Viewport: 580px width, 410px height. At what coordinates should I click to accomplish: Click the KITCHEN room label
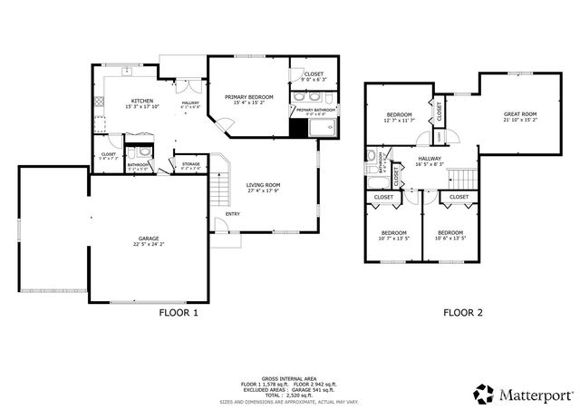pyautogui.click(x=141, y=101)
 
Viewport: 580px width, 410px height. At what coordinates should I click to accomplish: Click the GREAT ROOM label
pyautogui.click(x=520, y=114)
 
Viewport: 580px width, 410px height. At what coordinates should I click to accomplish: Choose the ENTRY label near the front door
pyautogui.click(x=233, y=214)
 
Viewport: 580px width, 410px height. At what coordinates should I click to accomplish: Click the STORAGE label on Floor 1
pyautogui.click(x=190, y=163)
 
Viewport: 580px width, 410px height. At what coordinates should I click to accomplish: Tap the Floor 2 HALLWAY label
pyautogui.click(x=430, y=159)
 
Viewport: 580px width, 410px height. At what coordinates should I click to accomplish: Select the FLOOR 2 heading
pyautogui.click(x=462, y=313)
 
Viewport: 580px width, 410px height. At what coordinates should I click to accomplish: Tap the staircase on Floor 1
pyautogui.click(x=218, y=190)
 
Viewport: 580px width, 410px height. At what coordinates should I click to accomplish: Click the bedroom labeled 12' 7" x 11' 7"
pyautogui.click(x=398, y=117)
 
